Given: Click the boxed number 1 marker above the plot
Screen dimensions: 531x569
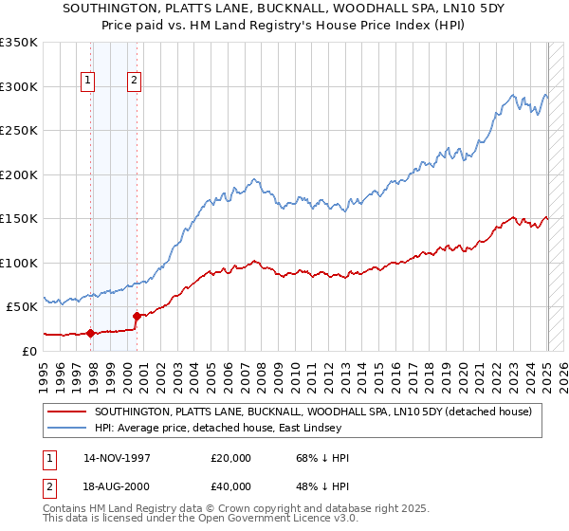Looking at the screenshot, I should [x=87, y=82].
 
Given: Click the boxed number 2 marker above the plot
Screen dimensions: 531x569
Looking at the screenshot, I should [x=135, y=82].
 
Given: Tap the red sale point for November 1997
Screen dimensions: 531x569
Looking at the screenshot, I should [x=90, y=333].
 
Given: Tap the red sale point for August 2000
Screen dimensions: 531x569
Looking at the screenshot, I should [x=137, y=316].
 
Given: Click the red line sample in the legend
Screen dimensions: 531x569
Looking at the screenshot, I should [x=67, y=412].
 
